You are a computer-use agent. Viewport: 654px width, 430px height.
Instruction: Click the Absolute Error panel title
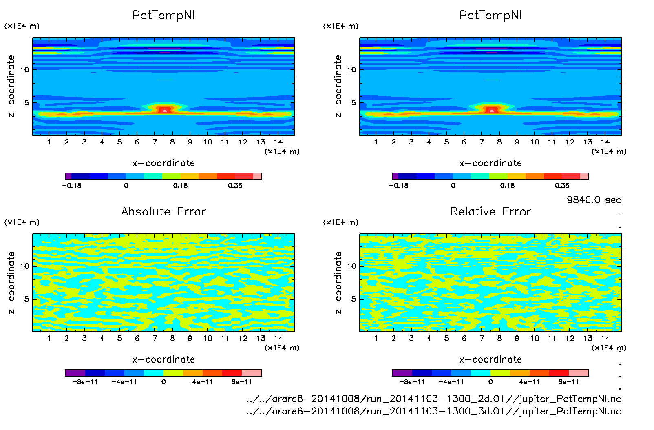click(x=163, y=211)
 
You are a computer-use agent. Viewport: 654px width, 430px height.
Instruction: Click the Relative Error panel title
click(x=490, y=211)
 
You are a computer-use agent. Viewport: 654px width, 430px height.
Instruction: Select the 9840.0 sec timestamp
click(x=594, y=200)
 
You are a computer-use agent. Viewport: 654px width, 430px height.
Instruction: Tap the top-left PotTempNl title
click(x=163, y=15)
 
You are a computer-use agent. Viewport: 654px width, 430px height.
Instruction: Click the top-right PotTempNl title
click(x=490, y=15)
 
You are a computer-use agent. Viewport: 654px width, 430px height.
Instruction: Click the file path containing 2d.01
click(x=434, y=399)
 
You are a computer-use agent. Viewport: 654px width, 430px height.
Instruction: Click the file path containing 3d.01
click(x=434, y=411)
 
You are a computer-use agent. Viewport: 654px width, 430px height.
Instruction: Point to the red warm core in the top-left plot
click(x=165, y=110)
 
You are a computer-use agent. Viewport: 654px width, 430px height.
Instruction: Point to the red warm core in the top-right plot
click(x=492, y=110)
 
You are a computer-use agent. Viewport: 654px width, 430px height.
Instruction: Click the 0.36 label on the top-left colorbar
click(x=235, y=185)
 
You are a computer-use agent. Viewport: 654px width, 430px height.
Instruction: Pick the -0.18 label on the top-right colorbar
click(x=398, y=185)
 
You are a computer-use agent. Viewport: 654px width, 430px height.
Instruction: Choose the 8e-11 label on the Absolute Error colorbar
click(x=242, y=382)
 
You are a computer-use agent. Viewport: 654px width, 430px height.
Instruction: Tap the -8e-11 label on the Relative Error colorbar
click(x=412, y=382)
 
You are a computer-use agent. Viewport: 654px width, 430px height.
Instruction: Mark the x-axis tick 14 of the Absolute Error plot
click(x=278, y=338)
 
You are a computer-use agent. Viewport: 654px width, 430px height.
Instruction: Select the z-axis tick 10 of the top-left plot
click(x=24, y=70)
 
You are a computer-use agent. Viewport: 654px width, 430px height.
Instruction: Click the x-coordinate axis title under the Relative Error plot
click(x=490, y=359)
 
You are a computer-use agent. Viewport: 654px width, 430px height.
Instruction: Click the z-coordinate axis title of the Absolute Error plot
click(x=11, y=282)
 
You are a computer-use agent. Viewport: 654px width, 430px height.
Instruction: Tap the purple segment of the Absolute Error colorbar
click(x=75, y=372)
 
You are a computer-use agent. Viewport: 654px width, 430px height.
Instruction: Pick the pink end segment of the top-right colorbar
click(x=584, y=176)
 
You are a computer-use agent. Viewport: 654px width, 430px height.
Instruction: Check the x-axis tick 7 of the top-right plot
click(x=482, y=142)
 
